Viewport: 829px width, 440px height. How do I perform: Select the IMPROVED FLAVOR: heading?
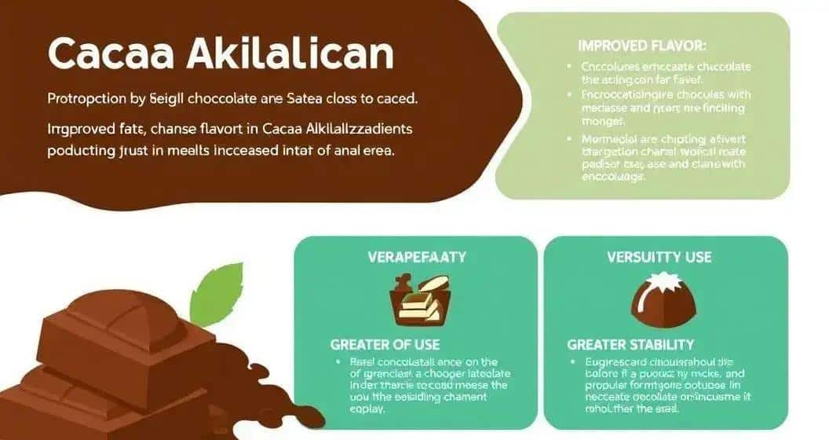pyautogui.click(x=642, y=46)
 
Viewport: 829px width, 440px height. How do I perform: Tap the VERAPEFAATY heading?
pyautogui.click(x=417, y=257)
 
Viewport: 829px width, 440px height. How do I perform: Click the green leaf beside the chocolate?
pyautogui.click(x=217, y=294)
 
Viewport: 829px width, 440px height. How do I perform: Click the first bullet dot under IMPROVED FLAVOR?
pyautogui.click(x=568, y=68)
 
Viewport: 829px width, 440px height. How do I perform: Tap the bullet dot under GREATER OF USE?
pyautogui.click(x=338, y=362)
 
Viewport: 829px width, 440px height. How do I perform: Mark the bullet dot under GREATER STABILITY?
pyautogui.click(x=575, y=362)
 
